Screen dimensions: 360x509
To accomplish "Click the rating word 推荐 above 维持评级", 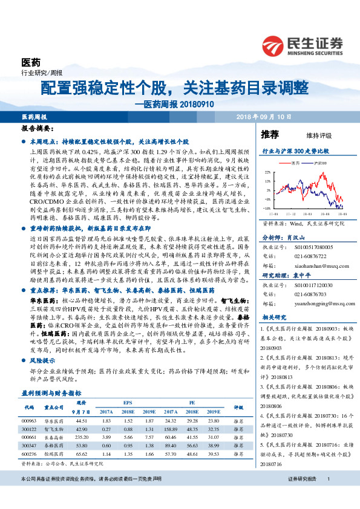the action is [x=269, y=134].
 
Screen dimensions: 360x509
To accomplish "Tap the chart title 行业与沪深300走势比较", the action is [x=295, y=149].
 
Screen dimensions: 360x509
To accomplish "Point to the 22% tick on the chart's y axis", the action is [x=267, y=173].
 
